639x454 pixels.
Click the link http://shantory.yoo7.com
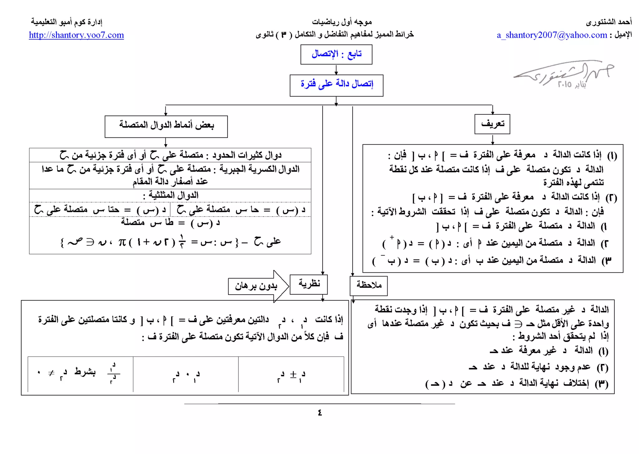76,35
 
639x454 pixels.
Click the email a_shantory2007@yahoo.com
552,35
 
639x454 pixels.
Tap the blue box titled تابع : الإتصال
336,54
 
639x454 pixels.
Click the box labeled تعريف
492,124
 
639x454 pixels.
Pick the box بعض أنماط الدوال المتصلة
166,126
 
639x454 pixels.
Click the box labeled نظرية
309,284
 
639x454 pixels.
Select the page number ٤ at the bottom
319,413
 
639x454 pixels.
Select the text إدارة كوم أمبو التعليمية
66,22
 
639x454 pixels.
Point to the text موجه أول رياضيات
342,22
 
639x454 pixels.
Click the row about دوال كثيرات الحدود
170,155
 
